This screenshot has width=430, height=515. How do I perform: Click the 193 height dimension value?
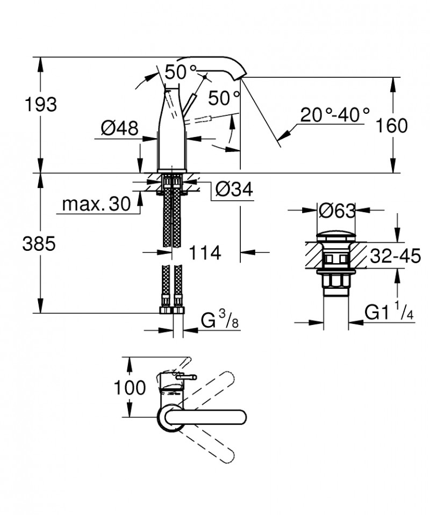tap(40, 105)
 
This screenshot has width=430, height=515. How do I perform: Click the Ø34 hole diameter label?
tap(234, 189)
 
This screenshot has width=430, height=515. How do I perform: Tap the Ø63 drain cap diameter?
tap(336, 212)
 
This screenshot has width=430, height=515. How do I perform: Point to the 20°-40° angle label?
tap(335, 115)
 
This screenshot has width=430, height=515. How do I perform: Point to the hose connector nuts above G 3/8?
tap(172, 310)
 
